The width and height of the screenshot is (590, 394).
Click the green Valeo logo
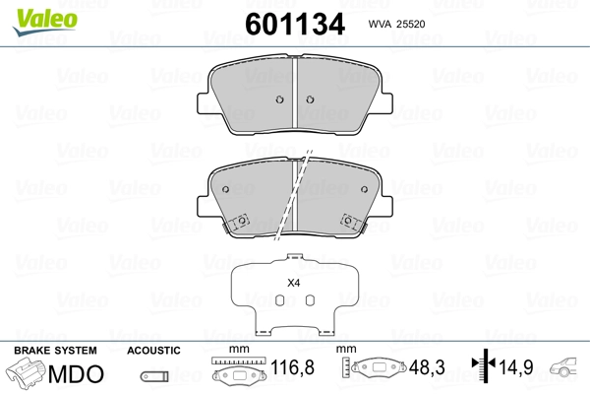(x=45, y=22)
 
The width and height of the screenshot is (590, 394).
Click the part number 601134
(x=295, y=24)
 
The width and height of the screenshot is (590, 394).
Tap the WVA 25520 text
(x=396, y=24)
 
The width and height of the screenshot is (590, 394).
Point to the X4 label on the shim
(x=293, y=283)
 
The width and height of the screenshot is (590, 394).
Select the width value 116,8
(x=292, y=367)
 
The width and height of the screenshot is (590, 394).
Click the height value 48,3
(x=427, y=367)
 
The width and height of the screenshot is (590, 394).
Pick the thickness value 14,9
(x=516, y=367)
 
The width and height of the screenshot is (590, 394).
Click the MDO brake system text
(x=76, y=373)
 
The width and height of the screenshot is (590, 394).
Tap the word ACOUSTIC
(x=153, y=351)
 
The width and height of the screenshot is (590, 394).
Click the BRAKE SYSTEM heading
(x=55, y=351)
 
